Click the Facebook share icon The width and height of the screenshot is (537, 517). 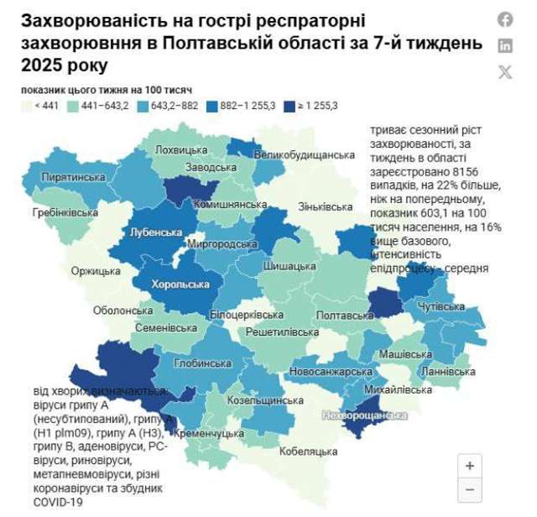coord(505,19)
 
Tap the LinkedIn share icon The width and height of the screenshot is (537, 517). coord(505,45)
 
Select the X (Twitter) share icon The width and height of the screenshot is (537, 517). coord(505,71)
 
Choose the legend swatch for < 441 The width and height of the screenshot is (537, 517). coord(26,107)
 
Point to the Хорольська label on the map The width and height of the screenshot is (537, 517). coord(180,285)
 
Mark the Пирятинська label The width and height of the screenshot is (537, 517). coord(73,178)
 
